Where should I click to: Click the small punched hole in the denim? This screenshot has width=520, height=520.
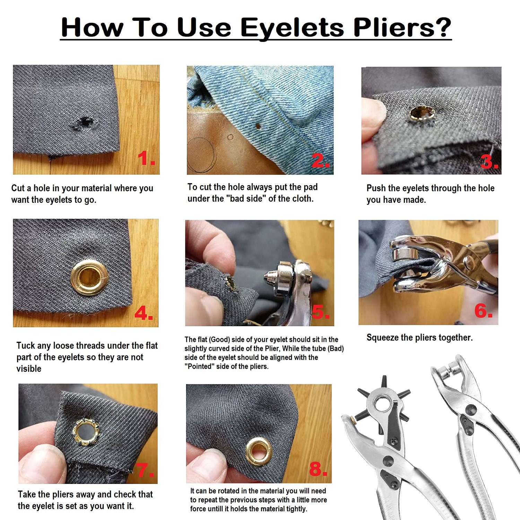pos(258,126)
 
